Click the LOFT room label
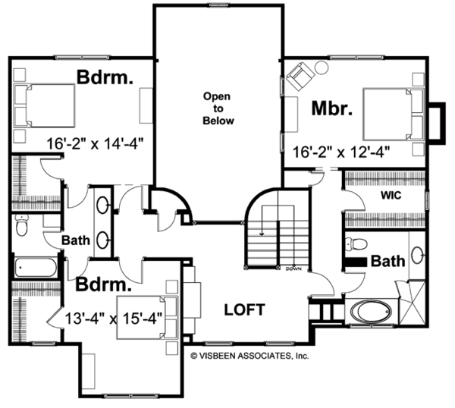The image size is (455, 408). pos(245,309)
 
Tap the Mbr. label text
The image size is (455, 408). pos(332,108)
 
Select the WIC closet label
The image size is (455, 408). pos(391,196)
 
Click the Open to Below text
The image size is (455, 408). pos(218,108)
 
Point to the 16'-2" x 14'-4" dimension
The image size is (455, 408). pos(96,143)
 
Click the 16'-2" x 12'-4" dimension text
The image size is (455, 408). pos(341,152)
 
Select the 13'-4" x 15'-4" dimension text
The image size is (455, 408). pos(114,319)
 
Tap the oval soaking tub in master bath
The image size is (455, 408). pos(371,312)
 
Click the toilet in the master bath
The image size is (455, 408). pos(356,243)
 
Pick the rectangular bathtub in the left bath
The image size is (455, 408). pos(36,267)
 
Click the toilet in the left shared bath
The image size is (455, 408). pos(21,225)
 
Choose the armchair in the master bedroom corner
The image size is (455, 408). pos(300,75)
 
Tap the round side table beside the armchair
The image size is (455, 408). pos(322,67)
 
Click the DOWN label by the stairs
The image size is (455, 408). pos(293,269)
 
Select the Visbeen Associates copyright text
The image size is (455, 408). pos(249,356)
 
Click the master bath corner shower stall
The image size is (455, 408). pos(412,302)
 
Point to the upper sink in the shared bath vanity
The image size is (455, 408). pos(102,206)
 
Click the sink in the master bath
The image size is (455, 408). pos(417,255)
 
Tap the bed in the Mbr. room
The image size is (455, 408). pos(394,115)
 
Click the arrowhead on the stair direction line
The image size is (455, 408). pos(262,234)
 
